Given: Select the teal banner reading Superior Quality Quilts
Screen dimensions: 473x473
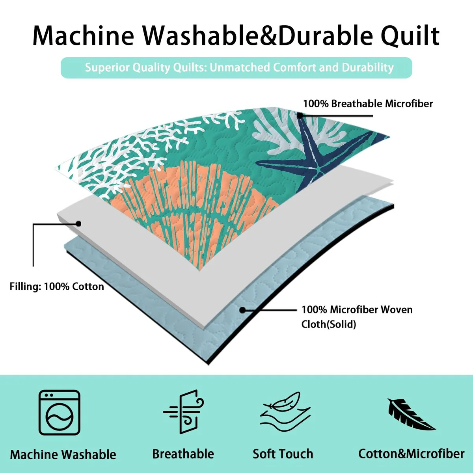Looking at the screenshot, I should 236,67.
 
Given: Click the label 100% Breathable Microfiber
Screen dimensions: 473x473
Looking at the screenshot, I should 368,104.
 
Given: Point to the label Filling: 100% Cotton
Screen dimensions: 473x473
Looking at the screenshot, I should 57,287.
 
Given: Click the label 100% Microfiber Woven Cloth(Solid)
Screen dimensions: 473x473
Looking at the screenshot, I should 357,317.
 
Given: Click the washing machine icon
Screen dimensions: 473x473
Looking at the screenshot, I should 60,412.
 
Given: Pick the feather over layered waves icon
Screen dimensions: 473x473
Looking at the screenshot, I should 285,412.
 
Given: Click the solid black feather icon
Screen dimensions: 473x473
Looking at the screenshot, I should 410,414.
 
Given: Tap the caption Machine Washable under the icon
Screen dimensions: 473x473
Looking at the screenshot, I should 63,454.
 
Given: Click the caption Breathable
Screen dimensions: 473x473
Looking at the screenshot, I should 183,454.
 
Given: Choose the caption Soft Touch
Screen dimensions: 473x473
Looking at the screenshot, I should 283,454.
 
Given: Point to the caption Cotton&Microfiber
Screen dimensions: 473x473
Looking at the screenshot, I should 411,454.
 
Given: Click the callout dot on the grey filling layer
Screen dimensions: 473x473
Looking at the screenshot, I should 79,223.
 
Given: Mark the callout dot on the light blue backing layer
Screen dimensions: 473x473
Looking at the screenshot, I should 242,310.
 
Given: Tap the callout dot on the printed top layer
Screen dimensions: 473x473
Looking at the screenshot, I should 300,115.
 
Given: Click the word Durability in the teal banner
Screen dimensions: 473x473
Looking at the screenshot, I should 367,67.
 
